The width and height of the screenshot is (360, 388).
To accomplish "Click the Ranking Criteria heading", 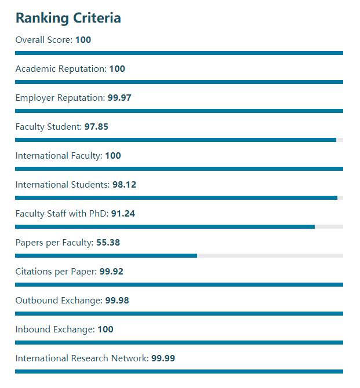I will [68, 18].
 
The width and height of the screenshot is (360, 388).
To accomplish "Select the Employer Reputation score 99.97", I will [119, 98].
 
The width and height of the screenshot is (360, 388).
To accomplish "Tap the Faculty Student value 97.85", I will [96, 127].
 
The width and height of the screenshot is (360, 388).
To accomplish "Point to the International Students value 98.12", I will [124, 185].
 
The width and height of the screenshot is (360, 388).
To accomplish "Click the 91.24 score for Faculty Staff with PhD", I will [123, 214].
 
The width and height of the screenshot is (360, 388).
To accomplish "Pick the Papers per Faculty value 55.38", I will [108, 243].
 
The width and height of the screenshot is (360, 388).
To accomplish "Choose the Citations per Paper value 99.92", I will [111, 272].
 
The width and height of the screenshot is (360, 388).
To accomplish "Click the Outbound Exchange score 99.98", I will [117, 301].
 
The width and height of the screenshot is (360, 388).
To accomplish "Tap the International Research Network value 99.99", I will [163, 358].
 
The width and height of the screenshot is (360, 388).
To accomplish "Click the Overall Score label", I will [43, 40].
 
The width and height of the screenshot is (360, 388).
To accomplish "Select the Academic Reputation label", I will [60, 69].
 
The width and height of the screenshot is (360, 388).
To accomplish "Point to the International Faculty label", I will [59, 156].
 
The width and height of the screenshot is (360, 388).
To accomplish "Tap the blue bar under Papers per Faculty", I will [106, 255].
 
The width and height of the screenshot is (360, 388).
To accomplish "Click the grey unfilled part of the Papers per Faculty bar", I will [270, 255].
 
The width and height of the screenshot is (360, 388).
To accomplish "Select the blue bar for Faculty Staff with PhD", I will [165, 226].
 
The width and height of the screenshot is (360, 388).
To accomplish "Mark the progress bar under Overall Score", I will [179, 53].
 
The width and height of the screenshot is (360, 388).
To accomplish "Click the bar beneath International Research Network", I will [179, 371].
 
